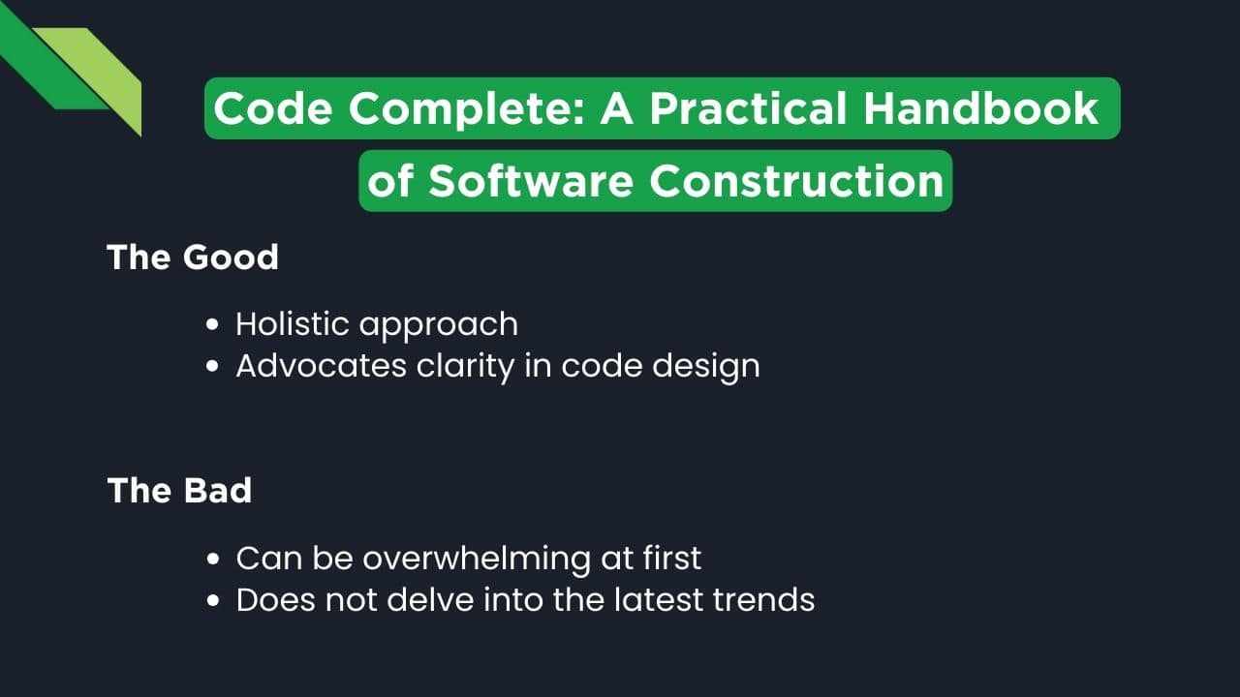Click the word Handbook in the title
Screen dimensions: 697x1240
[x=980, y=109]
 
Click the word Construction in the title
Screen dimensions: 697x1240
[x=796, y=181]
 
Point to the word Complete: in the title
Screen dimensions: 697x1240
[x=466, y=109]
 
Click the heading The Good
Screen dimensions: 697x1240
[x=193, y=258]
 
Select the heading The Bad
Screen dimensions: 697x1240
[x=179, y=490]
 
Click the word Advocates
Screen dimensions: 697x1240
[x=321, y=366]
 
